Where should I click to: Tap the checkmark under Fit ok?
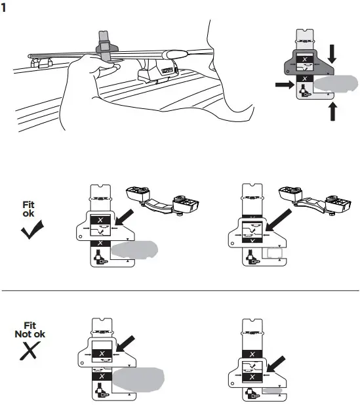[x=31, y=230]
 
